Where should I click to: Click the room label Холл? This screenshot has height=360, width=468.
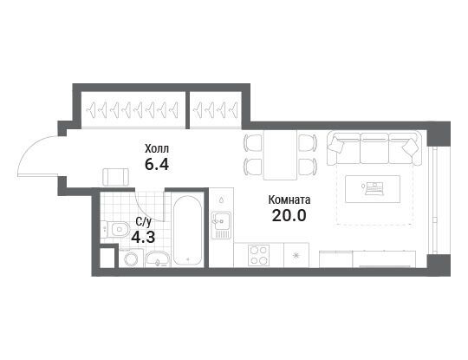tap(157, 148)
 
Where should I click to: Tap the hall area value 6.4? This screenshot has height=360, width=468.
tap(157, 164)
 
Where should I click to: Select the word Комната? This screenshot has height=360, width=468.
tap(289, 200)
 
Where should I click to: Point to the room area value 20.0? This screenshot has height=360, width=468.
tap(289, 215)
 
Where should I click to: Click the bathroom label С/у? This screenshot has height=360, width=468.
tap(144, 222)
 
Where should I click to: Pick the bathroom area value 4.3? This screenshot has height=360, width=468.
tap(143, 238)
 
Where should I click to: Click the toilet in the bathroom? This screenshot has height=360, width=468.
tap(115, 229)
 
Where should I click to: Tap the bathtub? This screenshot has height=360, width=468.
tap(187, 231)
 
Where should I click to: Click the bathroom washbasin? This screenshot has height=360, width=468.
tap(157, 259)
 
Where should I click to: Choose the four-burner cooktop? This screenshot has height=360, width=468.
tap(259, 255)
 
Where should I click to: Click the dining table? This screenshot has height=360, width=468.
tap(280, 154)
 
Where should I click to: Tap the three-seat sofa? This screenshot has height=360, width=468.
tap(374, 148)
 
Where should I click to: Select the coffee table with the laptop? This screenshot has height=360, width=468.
tap(373, 189)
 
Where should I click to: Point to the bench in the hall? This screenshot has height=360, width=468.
tap(116, 177)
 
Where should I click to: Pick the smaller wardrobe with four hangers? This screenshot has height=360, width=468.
tap(216, 109)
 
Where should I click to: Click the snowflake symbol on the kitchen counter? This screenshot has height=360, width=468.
tap(296, 255)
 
